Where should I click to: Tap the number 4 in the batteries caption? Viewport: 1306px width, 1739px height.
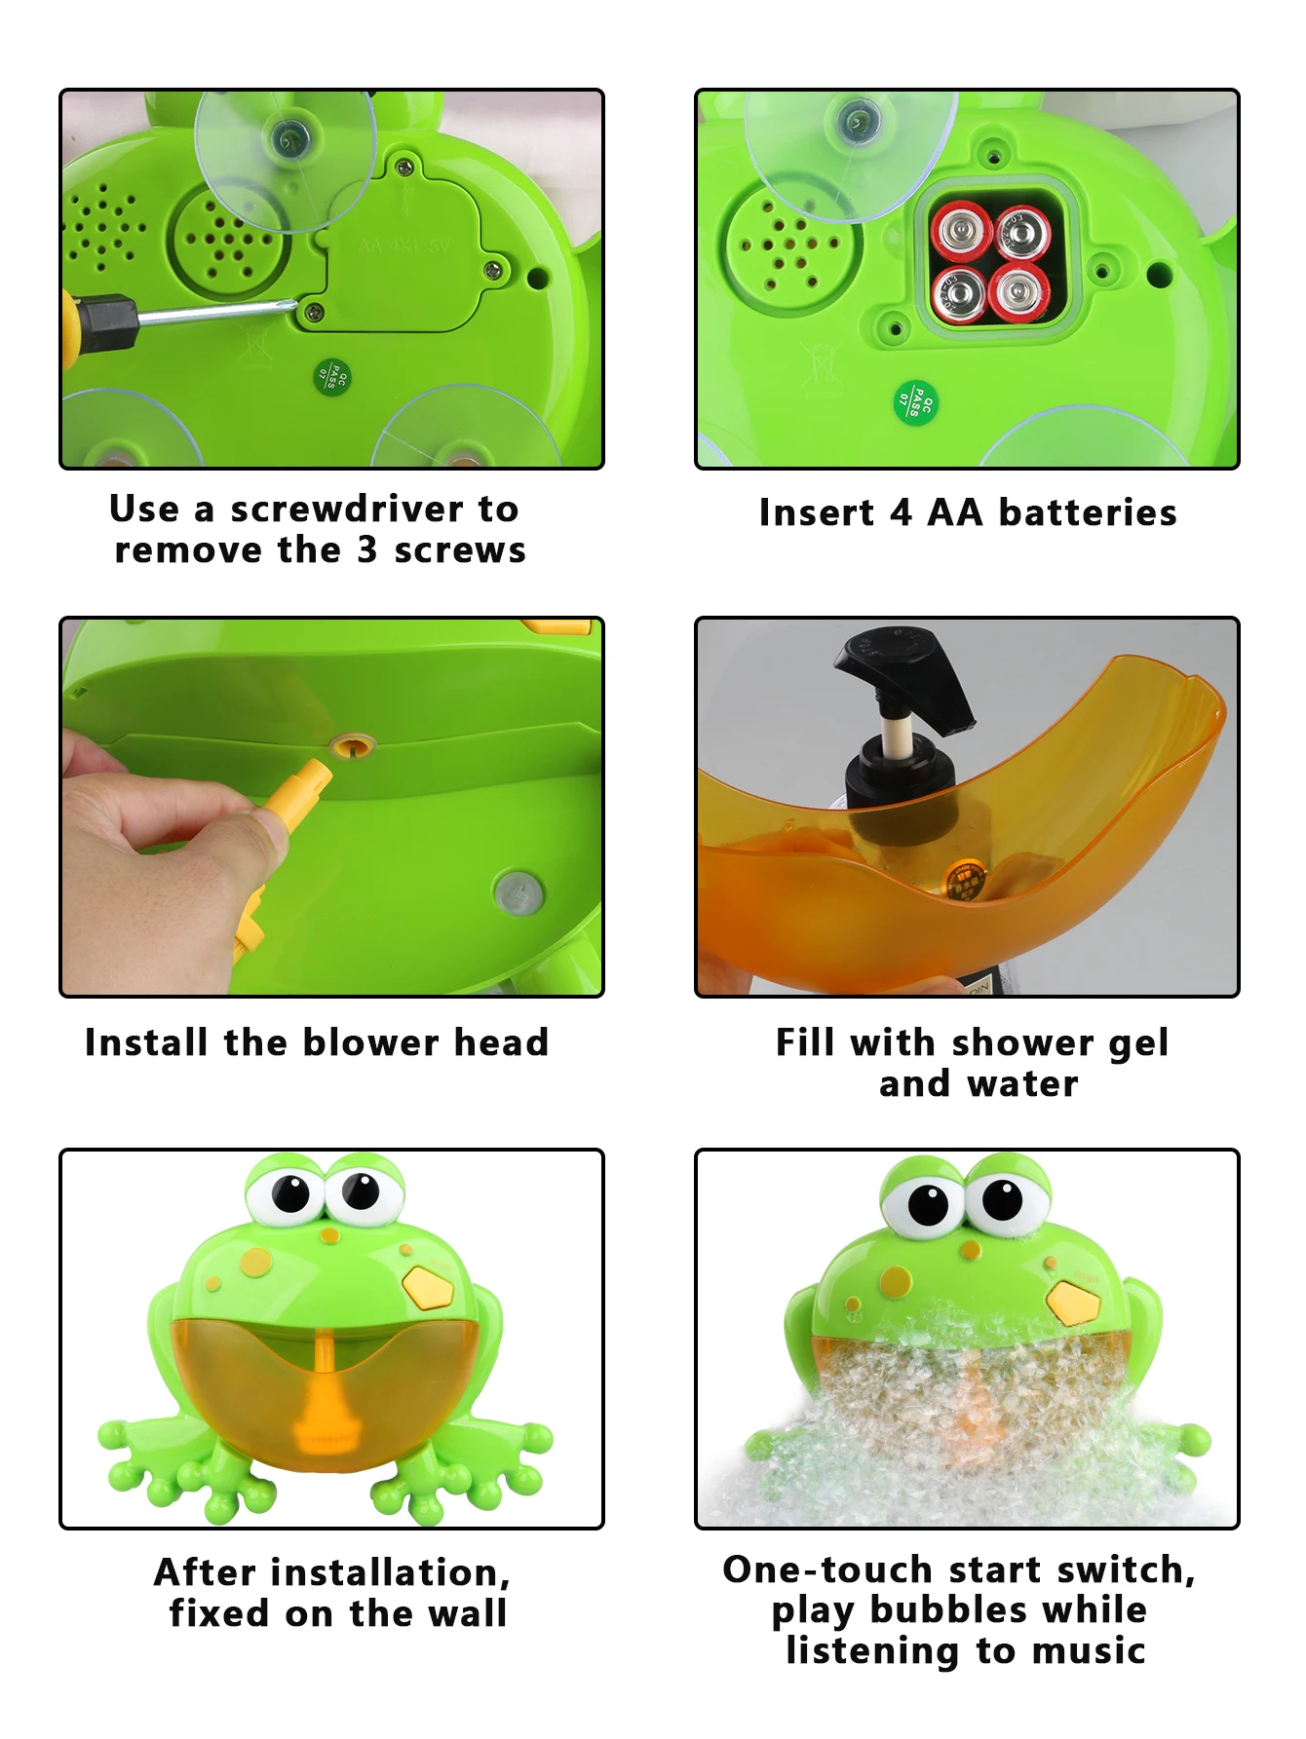pos(902,512)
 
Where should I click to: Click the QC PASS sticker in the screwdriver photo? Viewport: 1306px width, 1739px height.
pos(332,375)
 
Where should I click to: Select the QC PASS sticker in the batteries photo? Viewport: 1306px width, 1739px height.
pos(916,400)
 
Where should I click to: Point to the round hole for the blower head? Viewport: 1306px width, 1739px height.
pos(352,747)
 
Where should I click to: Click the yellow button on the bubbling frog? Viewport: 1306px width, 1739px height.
pos(1073,1302)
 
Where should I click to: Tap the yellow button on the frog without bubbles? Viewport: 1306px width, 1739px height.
pos(428,1287)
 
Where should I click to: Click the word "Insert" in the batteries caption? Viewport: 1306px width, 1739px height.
pos(816,512)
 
